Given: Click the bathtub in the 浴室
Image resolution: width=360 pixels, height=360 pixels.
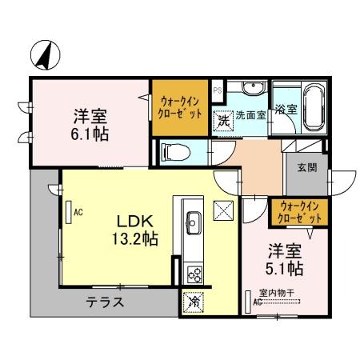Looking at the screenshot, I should pos(310,110).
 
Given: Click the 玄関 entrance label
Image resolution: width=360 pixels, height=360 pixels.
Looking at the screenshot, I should pos(306,167).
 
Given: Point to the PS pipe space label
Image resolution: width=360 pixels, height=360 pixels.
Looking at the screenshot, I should pos(217,90).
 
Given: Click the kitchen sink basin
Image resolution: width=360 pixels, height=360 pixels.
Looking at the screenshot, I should pos(194,220).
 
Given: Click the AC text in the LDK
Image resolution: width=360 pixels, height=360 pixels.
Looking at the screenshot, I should pos(78,213).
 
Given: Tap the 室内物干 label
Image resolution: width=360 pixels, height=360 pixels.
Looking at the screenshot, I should pos(275,293).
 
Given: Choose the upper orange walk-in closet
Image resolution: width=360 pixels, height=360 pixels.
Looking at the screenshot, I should pos(180,107).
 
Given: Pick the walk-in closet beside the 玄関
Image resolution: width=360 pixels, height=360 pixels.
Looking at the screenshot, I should pos(297,212).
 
